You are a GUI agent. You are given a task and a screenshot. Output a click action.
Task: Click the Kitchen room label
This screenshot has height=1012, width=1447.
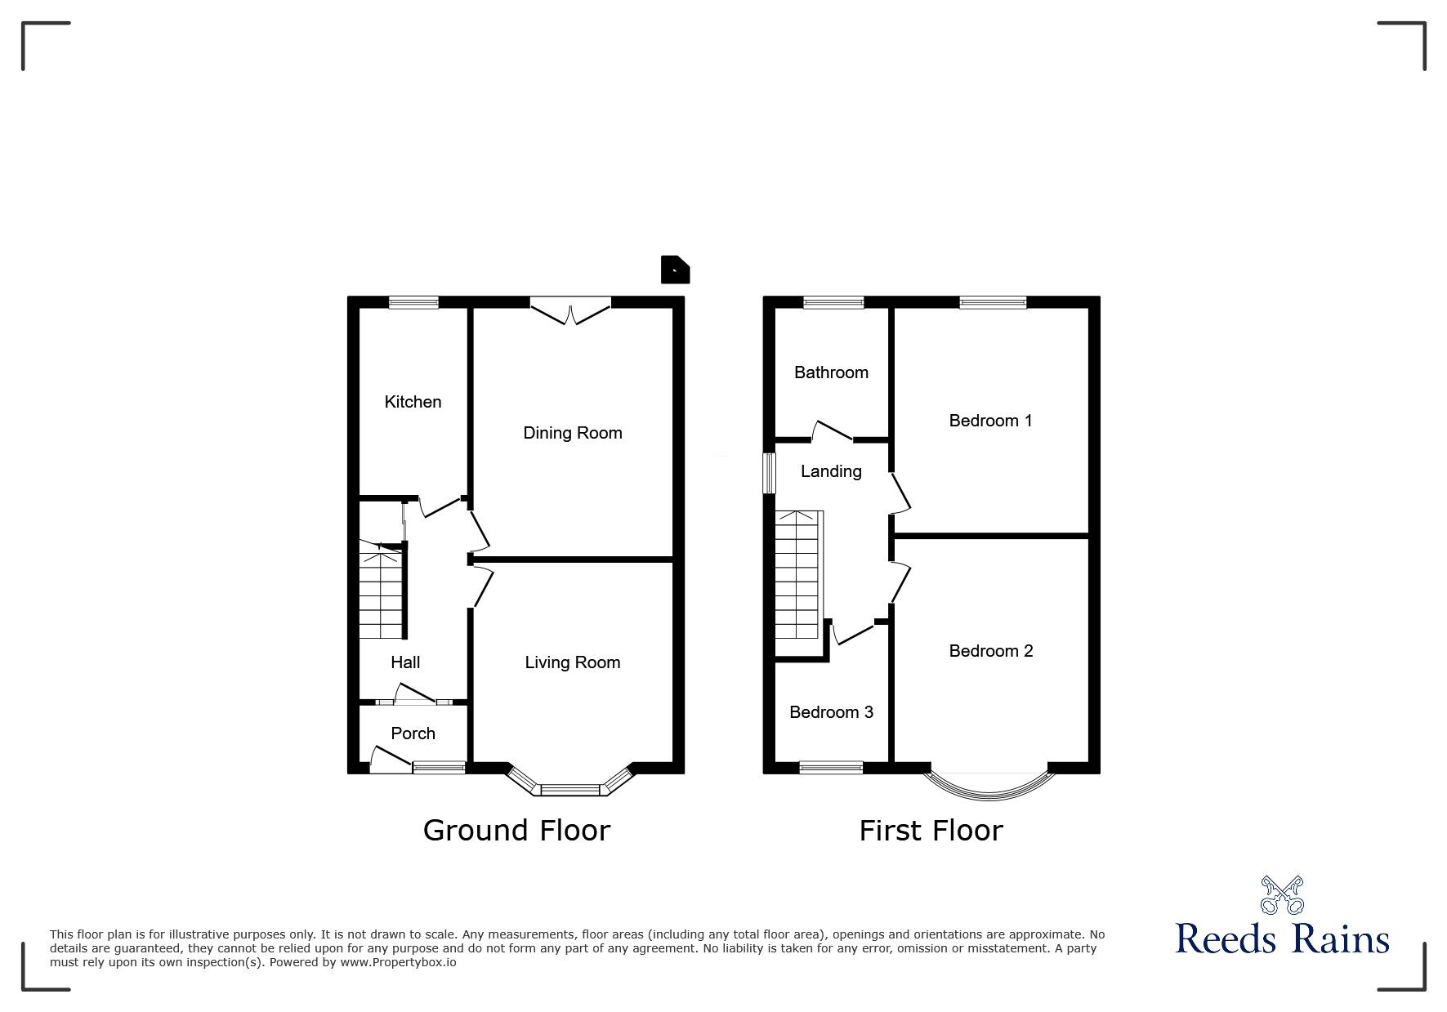tap(413, 402)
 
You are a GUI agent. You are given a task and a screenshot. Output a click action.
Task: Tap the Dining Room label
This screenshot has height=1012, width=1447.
tap(573, 433)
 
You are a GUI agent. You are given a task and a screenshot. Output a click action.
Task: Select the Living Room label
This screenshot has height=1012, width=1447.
tap(573, 662)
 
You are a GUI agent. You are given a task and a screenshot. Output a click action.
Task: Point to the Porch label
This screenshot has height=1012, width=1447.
tap(413, 733)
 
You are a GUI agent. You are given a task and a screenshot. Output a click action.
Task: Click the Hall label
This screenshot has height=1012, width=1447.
tap(405, 662)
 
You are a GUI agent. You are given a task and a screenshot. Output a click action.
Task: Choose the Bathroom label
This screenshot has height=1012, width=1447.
tap(831, 372)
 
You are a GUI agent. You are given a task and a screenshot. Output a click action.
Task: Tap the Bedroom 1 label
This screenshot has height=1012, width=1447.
tap(990, 421)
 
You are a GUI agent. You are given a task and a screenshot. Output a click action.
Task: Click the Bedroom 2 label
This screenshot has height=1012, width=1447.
tap(991, 651)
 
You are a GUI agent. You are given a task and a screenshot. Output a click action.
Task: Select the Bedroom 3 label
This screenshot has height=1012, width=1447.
tap(831, 712)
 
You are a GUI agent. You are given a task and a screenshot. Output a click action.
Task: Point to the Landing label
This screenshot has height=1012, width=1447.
tap(831, 471)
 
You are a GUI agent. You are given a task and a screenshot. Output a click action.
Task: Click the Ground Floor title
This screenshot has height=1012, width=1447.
tap(516, 831)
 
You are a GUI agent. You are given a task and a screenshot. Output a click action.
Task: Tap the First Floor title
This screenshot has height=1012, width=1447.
tap(931, 831)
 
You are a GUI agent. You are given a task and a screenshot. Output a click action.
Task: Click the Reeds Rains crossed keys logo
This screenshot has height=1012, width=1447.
tap(1282, 894)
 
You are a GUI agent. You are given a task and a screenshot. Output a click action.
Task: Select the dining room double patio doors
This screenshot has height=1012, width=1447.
tap(570, 311)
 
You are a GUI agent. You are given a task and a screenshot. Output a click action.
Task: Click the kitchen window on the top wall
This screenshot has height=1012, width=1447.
tap(413, 303)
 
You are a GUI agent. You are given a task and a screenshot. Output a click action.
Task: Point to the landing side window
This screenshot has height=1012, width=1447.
tap(769, 473)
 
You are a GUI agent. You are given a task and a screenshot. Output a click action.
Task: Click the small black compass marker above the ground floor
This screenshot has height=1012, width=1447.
tap(675, 270)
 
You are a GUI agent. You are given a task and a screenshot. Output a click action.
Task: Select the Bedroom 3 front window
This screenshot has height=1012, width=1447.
tap(831, 767)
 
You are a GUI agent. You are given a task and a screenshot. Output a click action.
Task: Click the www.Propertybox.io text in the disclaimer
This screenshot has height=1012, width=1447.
tap(399, 962)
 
